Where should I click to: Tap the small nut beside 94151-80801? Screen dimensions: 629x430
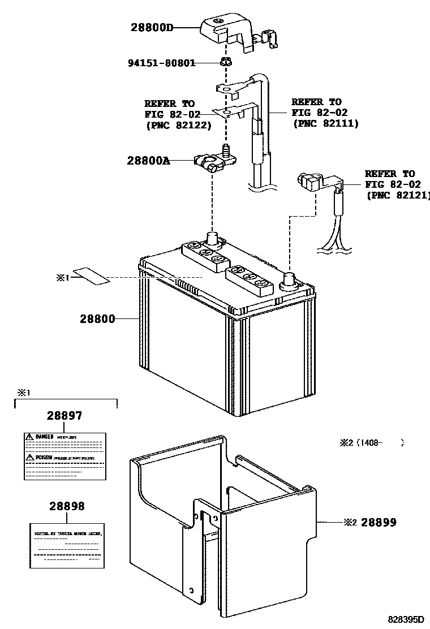point(226,62)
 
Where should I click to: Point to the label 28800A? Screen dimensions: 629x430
point(148,161)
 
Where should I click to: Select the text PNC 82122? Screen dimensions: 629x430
point(178,125)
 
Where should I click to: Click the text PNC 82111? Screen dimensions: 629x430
point(325,123)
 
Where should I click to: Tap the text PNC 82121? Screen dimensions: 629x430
point(398,195)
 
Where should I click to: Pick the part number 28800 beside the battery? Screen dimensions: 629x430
point(97,319)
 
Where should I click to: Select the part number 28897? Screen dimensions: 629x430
point(64,416)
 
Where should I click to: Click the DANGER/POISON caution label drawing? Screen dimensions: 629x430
point(64,456)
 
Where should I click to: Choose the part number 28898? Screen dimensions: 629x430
point(66,506)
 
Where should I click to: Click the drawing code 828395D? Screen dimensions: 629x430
point(405,621)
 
